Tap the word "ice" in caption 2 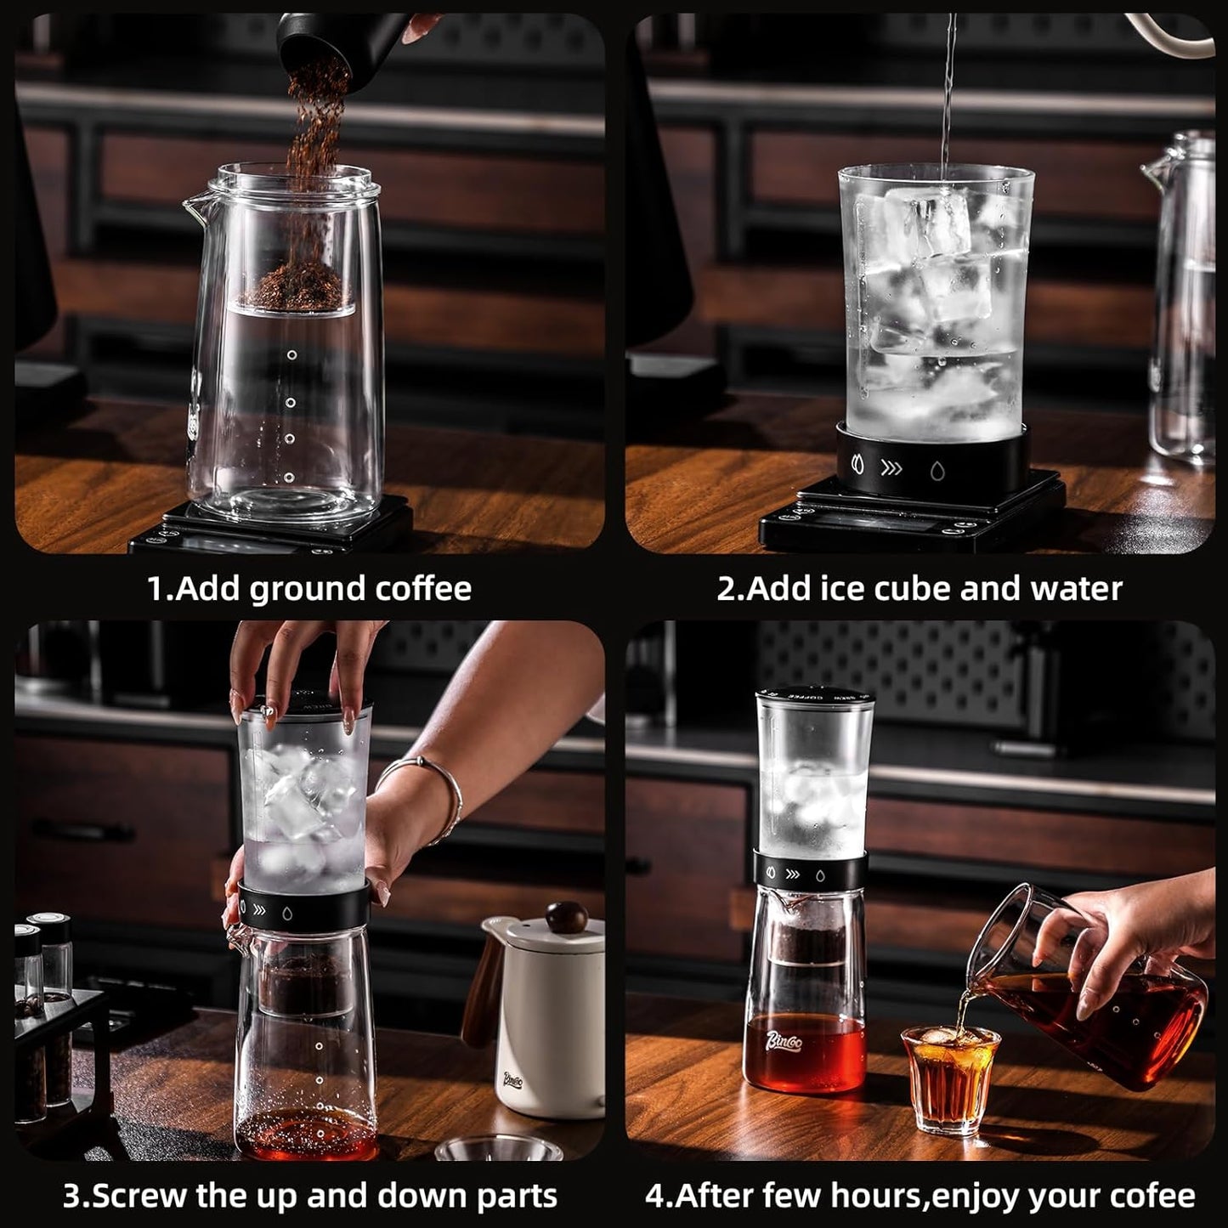[x=813, y=588]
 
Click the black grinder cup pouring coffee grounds [x=314, y=34]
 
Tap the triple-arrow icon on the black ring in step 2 [x=891, y=467]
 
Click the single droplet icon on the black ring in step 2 [x=937, y=469]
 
